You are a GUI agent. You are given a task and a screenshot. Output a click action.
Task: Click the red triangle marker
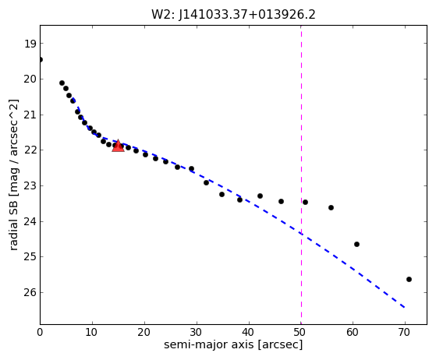point(118,146)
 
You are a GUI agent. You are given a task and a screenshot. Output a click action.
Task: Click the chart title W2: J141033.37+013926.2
point(233,15)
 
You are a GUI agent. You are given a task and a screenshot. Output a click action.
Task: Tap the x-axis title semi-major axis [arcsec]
point(233,344)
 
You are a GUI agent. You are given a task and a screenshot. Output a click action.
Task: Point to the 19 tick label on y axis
point(30,44)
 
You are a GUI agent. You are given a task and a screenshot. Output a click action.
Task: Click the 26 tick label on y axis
point(30,292)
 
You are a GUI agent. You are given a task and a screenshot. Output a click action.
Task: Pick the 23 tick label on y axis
point(30,185)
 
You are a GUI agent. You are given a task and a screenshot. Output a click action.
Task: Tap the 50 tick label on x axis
point(301,332)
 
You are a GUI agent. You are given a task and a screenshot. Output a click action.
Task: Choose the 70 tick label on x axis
point(405,332)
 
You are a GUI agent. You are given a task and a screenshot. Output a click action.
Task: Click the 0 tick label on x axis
point(40,332)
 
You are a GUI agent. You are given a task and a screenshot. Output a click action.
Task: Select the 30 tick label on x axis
point(197,332)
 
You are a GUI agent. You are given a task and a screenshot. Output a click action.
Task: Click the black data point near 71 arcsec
point(409,279)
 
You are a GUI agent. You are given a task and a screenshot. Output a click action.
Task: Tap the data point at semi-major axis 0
point(41,59)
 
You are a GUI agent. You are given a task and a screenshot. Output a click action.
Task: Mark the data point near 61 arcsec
point(356,244)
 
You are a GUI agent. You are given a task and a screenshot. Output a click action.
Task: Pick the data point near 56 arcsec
point(331,207)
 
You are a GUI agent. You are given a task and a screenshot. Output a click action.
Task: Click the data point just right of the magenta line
point(305,202)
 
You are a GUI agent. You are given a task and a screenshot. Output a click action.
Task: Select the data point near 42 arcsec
point(260,196)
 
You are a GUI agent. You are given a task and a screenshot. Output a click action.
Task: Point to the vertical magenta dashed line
point(301,175)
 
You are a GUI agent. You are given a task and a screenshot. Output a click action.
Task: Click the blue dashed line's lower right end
point(405,308)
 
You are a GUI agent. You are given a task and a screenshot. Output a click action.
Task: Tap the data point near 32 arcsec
point(207,182)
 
